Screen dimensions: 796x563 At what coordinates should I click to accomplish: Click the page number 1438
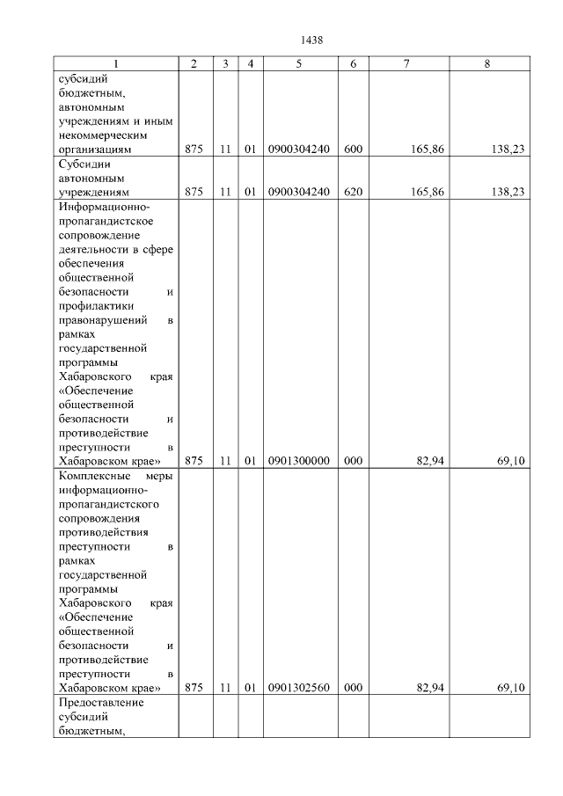tap(312, 40)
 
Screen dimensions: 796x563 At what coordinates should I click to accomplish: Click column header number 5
tap(298, 64)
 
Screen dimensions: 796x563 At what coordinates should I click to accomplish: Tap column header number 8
tap(487, 64)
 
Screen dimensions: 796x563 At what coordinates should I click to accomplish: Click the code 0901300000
tap(298, 460)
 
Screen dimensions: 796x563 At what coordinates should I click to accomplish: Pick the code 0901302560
tap(298, 687)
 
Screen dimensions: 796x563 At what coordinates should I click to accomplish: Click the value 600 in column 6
tap(353, 150)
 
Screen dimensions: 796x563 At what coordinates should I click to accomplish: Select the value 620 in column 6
tap(353, 190)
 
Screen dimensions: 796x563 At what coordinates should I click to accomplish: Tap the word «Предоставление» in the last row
tap(99, 703)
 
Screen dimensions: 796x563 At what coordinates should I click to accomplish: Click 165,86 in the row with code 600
tap(427, 150)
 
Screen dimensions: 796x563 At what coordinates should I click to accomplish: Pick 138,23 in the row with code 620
tap(508, 190)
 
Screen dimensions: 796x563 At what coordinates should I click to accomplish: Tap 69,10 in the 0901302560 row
tap(511, 687)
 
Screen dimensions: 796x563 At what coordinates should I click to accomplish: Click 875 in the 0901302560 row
tap(194, 687)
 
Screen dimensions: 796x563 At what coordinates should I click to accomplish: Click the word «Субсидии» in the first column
tap(83, 163)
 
